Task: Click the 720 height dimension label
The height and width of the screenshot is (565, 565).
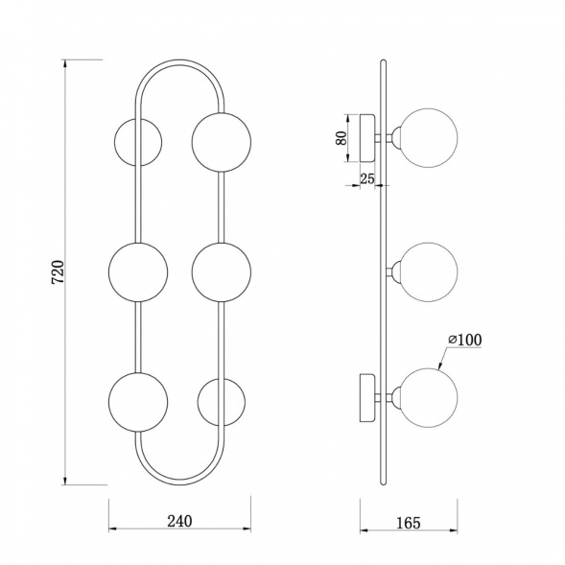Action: pyautogui.click(x=58, y=271)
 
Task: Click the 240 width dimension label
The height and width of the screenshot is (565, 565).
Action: pyautogui.click(x=179, y=521)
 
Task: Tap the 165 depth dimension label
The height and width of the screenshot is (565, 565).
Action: pyautogui.click(x=409, y=523)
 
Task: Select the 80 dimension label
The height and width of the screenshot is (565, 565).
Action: pyautogui.click(x=341, y=138)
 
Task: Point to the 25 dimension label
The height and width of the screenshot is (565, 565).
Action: pyautogui.click(x=367, y=178)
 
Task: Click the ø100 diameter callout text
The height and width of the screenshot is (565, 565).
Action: pyautogui.click(x=465, y=340)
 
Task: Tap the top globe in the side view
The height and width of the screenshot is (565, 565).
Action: pyautogui.click(x=429, y=138)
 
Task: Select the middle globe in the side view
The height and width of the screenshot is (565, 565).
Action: pyautogui.click(x=429, y=272)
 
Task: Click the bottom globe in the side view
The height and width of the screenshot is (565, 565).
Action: pyautogui.click(x=429, y=398)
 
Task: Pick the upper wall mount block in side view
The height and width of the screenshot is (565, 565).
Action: pyautogui.click(x=367, y=138)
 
